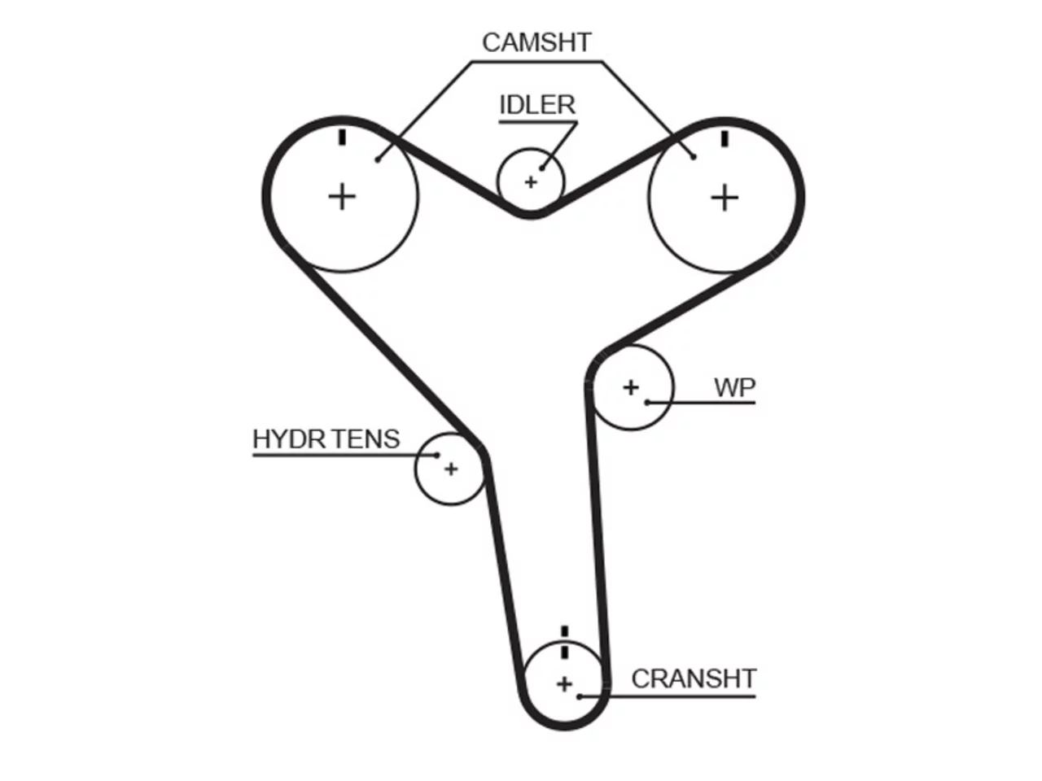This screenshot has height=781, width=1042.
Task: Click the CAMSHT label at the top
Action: click(536, 42)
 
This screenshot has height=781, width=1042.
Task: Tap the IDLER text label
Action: click(537, 105)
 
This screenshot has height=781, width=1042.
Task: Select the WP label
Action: click(734, 388)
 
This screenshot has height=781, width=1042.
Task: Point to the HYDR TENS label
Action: click(326, 439)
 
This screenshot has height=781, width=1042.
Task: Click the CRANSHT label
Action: click(694, 679)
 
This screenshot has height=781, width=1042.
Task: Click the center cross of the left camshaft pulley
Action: click(342, 197)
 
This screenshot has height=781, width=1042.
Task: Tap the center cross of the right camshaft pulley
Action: click(725, 198)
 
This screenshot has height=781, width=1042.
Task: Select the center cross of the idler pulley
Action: click(531, 182)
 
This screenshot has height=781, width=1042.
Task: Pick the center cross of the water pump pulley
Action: click(631, 388)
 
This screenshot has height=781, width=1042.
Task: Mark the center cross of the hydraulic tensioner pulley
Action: click(451, 469)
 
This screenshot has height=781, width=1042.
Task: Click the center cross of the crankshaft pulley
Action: click(564, 684)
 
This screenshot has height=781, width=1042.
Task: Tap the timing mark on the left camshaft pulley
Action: click(342, 137)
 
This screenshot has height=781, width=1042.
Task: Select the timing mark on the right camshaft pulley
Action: click(725, 139)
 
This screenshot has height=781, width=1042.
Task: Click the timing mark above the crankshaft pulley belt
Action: click(564, 631)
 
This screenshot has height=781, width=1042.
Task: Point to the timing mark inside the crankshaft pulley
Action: click(564, 651)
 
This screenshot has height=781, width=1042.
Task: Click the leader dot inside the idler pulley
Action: click(542, 168)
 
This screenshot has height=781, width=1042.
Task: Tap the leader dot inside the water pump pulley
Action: click(647, 403)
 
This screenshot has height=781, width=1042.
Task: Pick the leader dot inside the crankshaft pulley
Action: click(579, 696)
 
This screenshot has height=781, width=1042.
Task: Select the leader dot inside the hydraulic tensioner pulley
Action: click(437, 456)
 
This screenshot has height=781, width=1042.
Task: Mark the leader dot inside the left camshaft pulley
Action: click(378, 159)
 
